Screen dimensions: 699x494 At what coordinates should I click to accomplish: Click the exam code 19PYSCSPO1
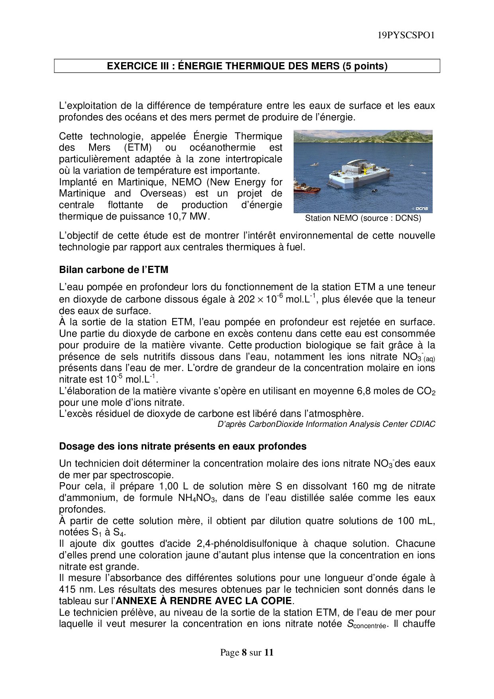pyautogui.click(x=406, y=35)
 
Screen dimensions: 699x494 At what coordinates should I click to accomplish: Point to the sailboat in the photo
pyautogui.click(x=410, y=163)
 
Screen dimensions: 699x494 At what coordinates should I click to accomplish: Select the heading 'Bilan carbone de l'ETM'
pyautogui.click(x=114, y=270)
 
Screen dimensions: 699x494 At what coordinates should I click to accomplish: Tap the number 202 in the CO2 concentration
pyautogui.click(x=246, y=299)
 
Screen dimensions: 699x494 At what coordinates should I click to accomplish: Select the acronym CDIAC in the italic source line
pyautogui.click(x=423, y=424)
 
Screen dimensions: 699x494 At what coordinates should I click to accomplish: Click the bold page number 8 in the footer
pyautogui.click(x=244, y=652)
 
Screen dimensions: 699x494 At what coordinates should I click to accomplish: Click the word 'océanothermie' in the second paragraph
pyautogui.click(x=222, y=148)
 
